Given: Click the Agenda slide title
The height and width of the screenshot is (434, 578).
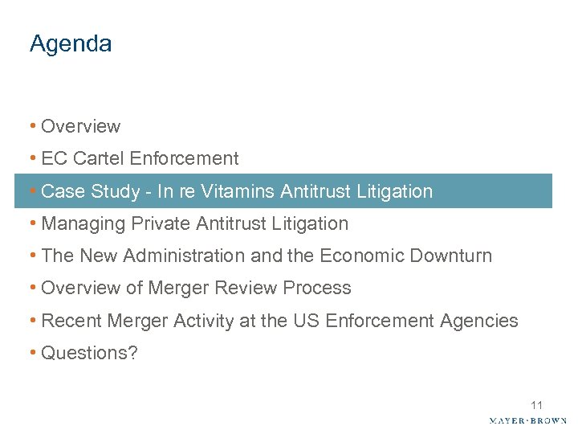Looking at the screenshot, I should (71, 44).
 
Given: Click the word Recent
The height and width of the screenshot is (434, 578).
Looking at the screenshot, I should (67, 321).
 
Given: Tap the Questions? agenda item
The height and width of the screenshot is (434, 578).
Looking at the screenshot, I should (89, 353).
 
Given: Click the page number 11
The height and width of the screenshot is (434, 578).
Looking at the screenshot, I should (537, 405).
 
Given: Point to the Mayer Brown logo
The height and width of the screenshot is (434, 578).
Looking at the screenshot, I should (527, 420).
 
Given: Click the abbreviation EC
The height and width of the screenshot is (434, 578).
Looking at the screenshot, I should (53, 158).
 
